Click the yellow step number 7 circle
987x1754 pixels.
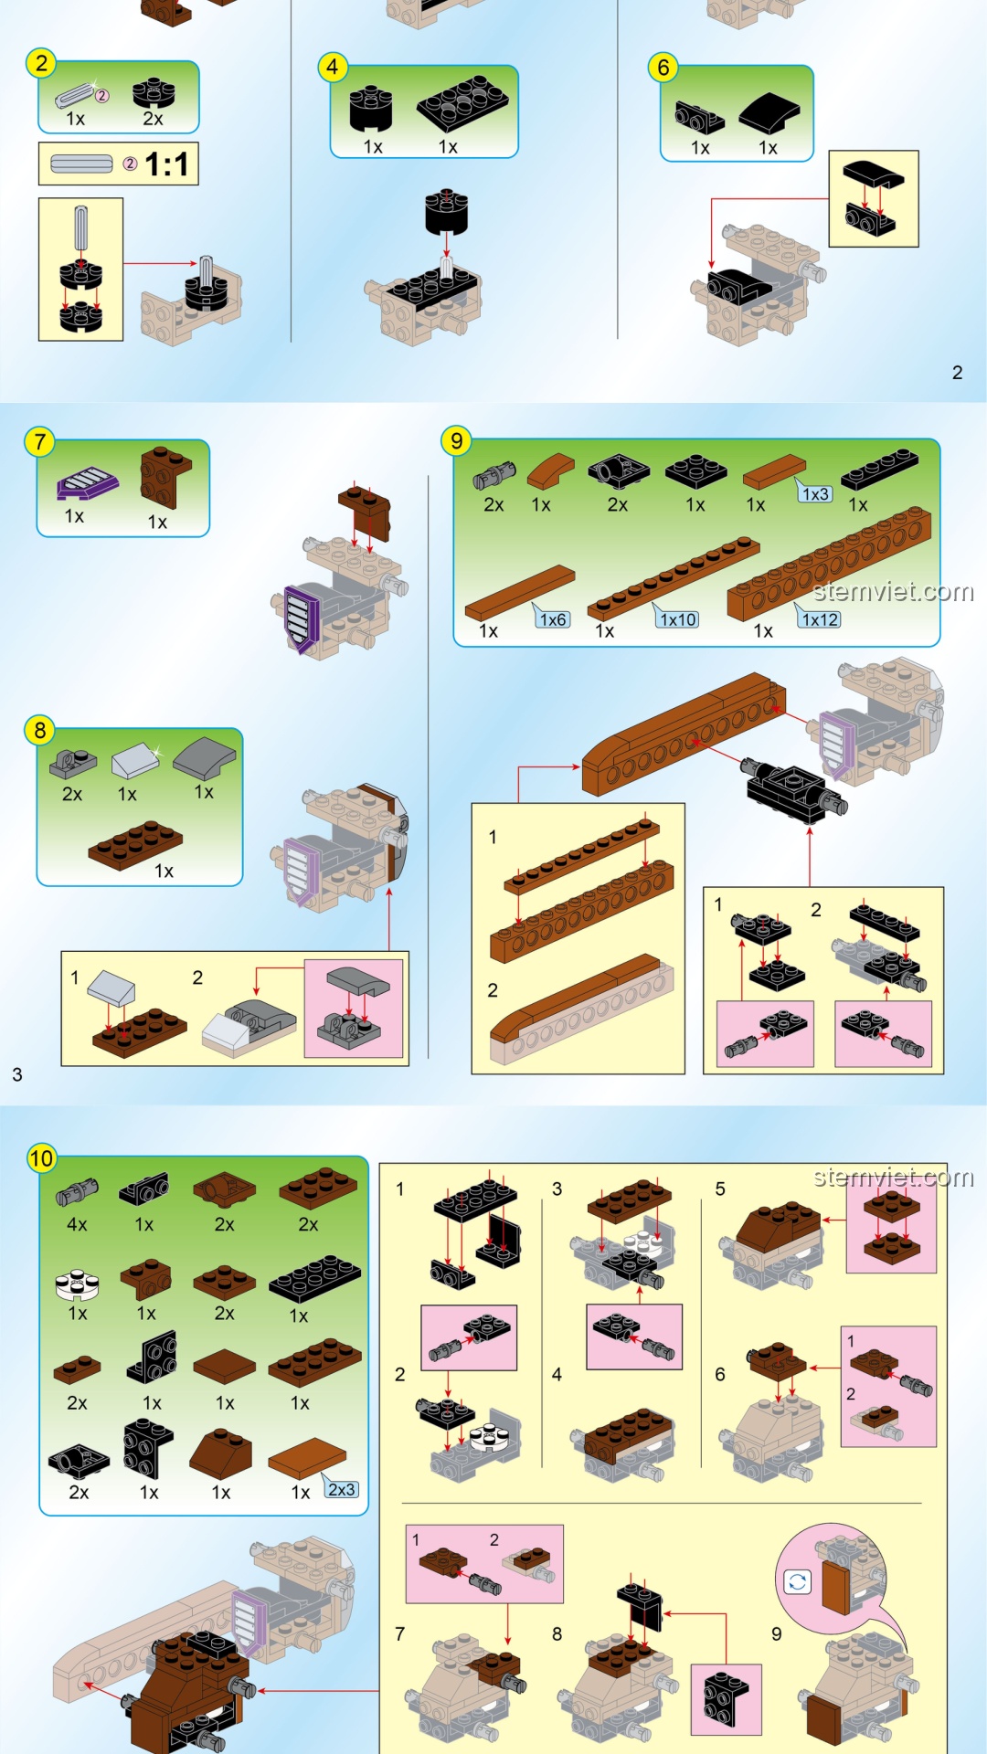coord(39,442)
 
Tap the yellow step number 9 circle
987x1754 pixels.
coord(456,441)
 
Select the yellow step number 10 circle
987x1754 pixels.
coord(42,1159)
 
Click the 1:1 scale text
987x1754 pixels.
coord(166,164)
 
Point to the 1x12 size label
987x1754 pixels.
coord(820,619)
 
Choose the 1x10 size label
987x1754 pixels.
coord(678,619)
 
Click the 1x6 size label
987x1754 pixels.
coord(553,619)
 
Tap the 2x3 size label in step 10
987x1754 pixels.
coord(342,1490)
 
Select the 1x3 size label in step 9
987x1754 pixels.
coord(815,494)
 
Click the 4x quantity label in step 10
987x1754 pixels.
coord(77,1224)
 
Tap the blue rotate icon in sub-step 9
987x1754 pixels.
coord(797,1582)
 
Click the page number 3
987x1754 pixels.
coord(17,1074)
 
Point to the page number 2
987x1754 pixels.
coord(957,373)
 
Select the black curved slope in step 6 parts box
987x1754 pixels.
coord(769,113)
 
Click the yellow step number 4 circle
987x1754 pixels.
coord(332,67)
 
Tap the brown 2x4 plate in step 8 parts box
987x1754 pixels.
coord(135,844)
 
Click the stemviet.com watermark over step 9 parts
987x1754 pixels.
coord(894,591)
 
